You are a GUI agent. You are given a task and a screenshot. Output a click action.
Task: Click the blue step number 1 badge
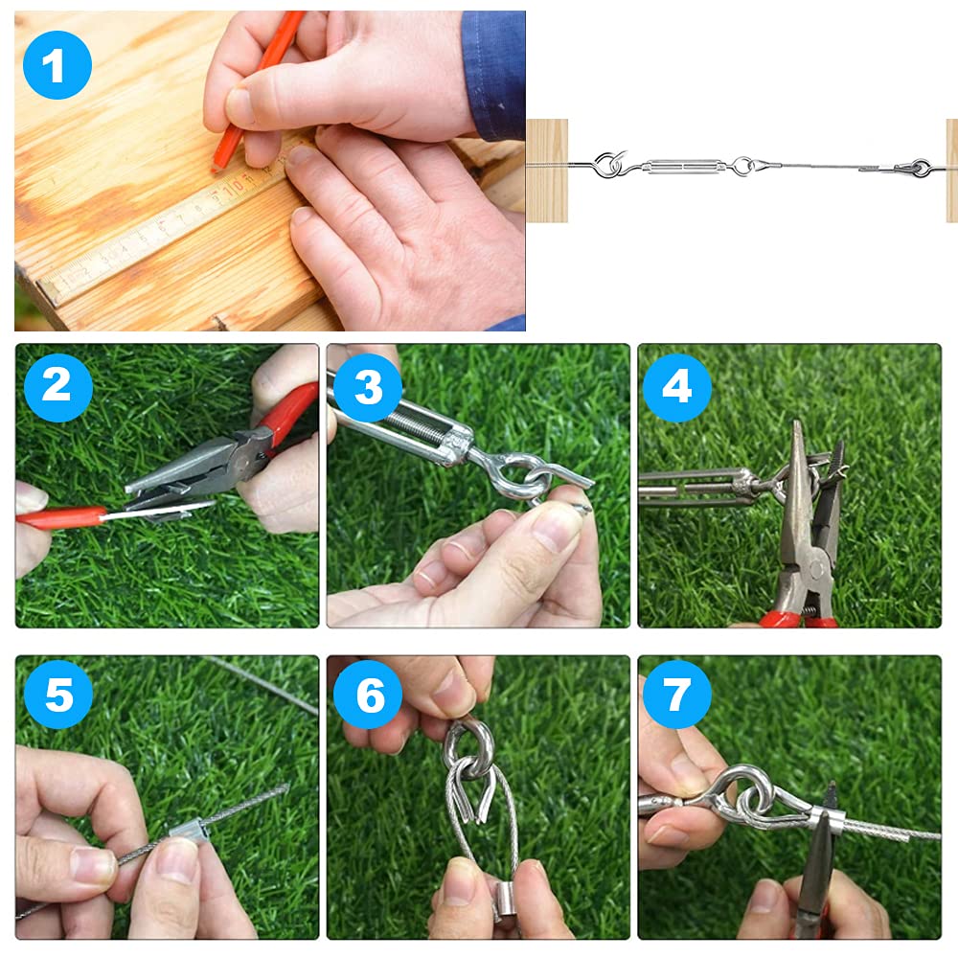(57, 65)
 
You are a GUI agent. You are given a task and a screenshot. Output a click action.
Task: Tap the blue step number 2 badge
(58, 387)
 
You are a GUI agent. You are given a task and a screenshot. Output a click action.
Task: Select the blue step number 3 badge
(368, 387)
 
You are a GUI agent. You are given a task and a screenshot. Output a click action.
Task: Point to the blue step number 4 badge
(677, 387)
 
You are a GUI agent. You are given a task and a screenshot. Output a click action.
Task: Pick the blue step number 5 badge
(58, 695)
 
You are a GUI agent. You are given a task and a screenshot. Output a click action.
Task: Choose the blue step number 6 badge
(368, 695)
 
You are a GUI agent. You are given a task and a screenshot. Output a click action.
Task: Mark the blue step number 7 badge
(677, 695)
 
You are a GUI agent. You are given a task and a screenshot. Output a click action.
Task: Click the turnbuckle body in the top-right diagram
(684, 166)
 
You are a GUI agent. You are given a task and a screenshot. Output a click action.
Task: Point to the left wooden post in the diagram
(547, 171)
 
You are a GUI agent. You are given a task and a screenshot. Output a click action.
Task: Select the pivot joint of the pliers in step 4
(812, 571)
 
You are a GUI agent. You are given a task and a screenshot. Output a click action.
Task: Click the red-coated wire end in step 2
(61, 517)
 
